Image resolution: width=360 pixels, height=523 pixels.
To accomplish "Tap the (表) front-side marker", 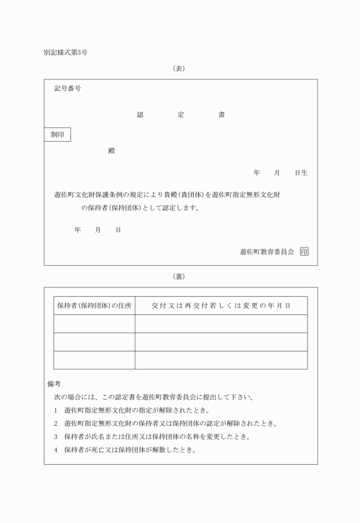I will [179, 68].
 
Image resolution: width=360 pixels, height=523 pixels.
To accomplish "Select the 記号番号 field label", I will [67, 89].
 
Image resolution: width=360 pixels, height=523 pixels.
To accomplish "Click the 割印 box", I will [58, 135].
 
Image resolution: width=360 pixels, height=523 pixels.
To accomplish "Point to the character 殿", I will [111, 151].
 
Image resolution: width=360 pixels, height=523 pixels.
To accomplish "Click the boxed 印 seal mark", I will [304, 251].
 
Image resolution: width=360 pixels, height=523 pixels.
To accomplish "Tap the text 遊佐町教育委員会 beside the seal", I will [267, 251].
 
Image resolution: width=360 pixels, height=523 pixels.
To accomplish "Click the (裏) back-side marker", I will [179, 277].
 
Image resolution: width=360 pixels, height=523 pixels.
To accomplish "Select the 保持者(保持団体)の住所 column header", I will [94, 306].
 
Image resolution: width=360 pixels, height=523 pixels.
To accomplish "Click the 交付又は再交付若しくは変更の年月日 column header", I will [221, 306].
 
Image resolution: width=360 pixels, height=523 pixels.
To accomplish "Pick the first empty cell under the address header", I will [94, 324].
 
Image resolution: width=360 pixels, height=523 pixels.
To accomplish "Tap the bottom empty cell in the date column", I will [221, 360].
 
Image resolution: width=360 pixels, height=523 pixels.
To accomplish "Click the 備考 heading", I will [54, 384].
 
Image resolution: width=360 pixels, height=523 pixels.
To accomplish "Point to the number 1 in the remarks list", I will [55, 410].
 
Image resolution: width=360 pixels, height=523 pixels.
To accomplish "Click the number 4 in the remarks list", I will [55, 450].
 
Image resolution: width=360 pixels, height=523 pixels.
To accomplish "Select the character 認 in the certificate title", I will [140, 115].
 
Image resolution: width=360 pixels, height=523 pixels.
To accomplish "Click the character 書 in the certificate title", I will [221, 115].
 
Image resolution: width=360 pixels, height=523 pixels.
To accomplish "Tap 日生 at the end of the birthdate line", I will [301, 173].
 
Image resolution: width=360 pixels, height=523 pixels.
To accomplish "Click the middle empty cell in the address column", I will [94, 342].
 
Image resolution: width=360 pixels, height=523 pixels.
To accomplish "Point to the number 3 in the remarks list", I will [55, 437].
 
